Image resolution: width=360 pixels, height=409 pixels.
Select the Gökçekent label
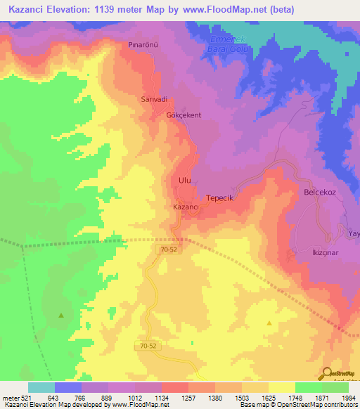pyautogui.click(x=184, y=115)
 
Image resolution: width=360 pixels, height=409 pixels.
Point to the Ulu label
pyautogui.click(x=185, y=181)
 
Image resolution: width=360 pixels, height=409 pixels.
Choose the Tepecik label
pyautogui.click(x=219, y=199)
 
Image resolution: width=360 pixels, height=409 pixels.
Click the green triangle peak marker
pyautogui.click(x=61, y=315)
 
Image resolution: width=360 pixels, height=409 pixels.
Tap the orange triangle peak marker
pyautogui.click(x=269, y=323)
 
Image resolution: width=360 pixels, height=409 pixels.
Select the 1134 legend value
pyautogui.click(x=161, y=397)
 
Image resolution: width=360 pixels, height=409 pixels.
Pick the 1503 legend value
pyautogui.click(x=241, y=397)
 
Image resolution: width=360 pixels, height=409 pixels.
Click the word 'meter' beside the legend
pyautogui.click(x=10, y=397)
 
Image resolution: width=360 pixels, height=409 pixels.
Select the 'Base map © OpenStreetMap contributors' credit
pyautogui.click(x=298, y=405)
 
